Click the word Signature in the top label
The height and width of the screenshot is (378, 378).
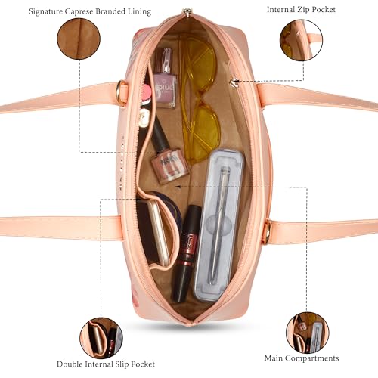coord(45,12)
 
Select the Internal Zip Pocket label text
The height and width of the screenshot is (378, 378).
coord(301,10)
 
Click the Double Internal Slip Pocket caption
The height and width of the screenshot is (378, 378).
coord(106,364)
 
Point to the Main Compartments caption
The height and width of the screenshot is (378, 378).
coord(302,358)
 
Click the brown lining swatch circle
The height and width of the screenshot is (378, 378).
coord(79,39)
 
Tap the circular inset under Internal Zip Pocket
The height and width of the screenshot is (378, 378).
coord(301,40)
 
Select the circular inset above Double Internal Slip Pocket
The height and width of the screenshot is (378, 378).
coord(101,338)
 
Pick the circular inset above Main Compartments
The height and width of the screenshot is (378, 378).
coord(308,333)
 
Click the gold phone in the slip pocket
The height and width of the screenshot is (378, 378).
coord(157,232)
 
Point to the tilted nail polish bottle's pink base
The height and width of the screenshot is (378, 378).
coord(170,166)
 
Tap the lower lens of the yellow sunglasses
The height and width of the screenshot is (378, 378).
coord(203,132)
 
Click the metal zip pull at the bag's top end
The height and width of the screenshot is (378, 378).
coord(187,11)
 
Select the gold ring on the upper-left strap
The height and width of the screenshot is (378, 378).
coord(122,91)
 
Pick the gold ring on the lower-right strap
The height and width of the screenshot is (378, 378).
coord(267,232)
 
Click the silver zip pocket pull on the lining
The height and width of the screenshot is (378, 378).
coord(235,82)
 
